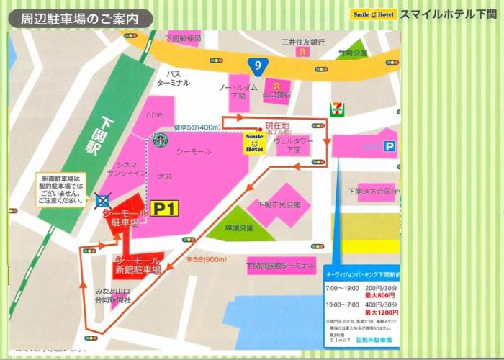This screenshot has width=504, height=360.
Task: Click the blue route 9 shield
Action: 257,66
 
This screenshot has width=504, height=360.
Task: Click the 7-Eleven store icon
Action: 336,108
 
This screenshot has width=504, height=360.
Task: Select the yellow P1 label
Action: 163,208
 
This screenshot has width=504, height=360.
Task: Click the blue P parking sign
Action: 390,145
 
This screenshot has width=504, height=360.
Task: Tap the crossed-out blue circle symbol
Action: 104,198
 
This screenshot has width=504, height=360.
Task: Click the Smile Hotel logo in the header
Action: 372,14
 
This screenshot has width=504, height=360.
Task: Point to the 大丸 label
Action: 165,175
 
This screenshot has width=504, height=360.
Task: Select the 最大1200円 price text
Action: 381,313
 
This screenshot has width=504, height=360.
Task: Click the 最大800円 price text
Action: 381,295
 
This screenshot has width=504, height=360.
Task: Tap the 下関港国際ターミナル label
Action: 280,266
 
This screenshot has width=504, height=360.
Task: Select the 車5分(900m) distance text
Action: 207,259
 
